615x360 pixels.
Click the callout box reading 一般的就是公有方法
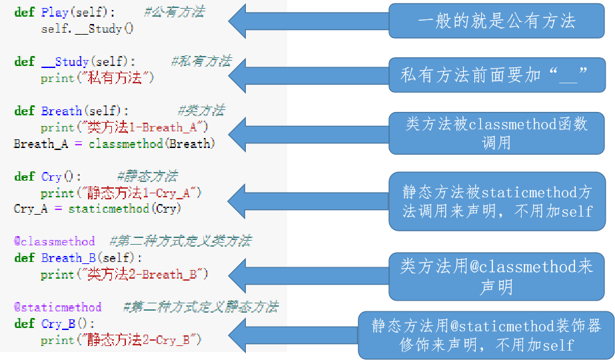tap(496, 21)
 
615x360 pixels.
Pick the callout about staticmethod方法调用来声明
tap(496, 201)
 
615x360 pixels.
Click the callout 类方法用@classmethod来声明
tap(496, 276)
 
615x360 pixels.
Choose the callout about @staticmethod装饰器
tap(486, 335)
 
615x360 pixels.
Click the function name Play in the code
tap(53, 12)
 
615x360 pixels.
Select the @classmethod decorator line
tap(55, 241)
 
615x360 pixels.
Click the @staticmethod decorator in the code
tap(58, 307)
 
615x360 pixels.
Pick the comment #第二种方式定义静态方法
tap(201, 307)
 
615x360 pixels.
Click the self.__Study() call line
tap(87, 29)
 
